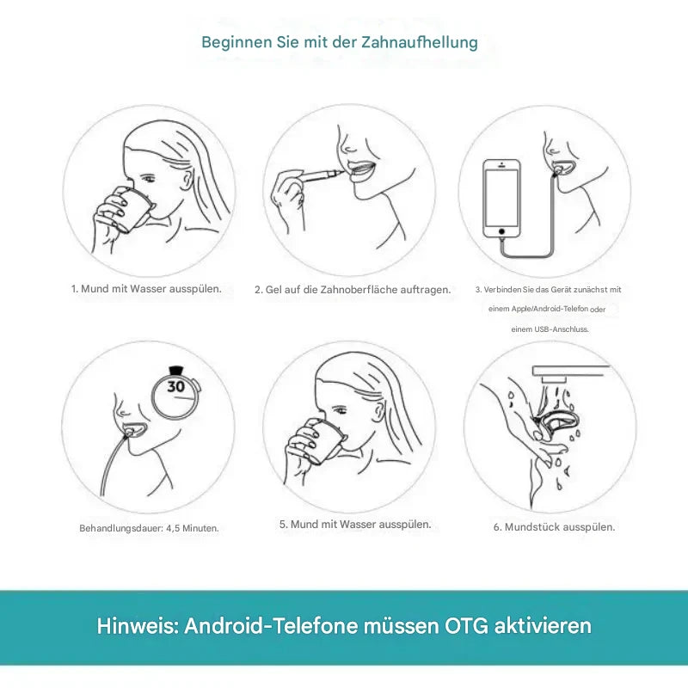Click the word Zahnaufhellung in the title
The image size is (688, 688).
coord(420,42)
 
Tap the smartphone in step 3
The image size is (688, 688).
coord(501,199)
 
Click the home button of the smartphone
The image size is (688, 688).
coord(501,230)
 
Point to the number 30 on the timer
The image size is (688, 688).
coord(176,386)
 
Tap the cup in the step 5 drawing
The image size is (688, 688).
coord(323,442)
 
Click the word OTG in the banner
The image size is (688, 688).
coord(466,626)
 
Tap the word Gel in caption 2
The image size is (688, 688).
coord(273,290)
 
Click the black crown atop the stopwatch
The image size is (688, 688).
coord(176,371)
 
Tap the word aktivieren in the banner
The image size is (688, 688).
coord(544,626)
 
